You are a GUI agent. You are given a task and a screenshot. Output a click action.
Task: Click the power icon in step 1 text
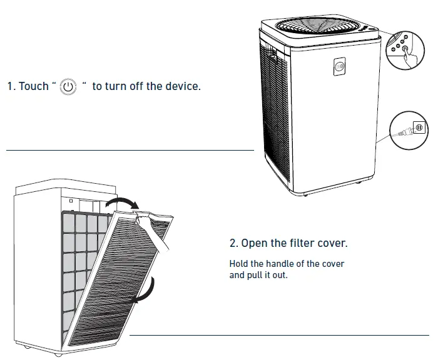click(68, 86)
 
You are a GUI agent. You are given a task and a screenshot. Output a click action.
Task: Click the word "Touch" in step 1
click(33, 86)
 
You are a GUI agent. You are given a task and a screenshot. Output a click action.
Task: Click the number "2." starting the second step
click(234, 242)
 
